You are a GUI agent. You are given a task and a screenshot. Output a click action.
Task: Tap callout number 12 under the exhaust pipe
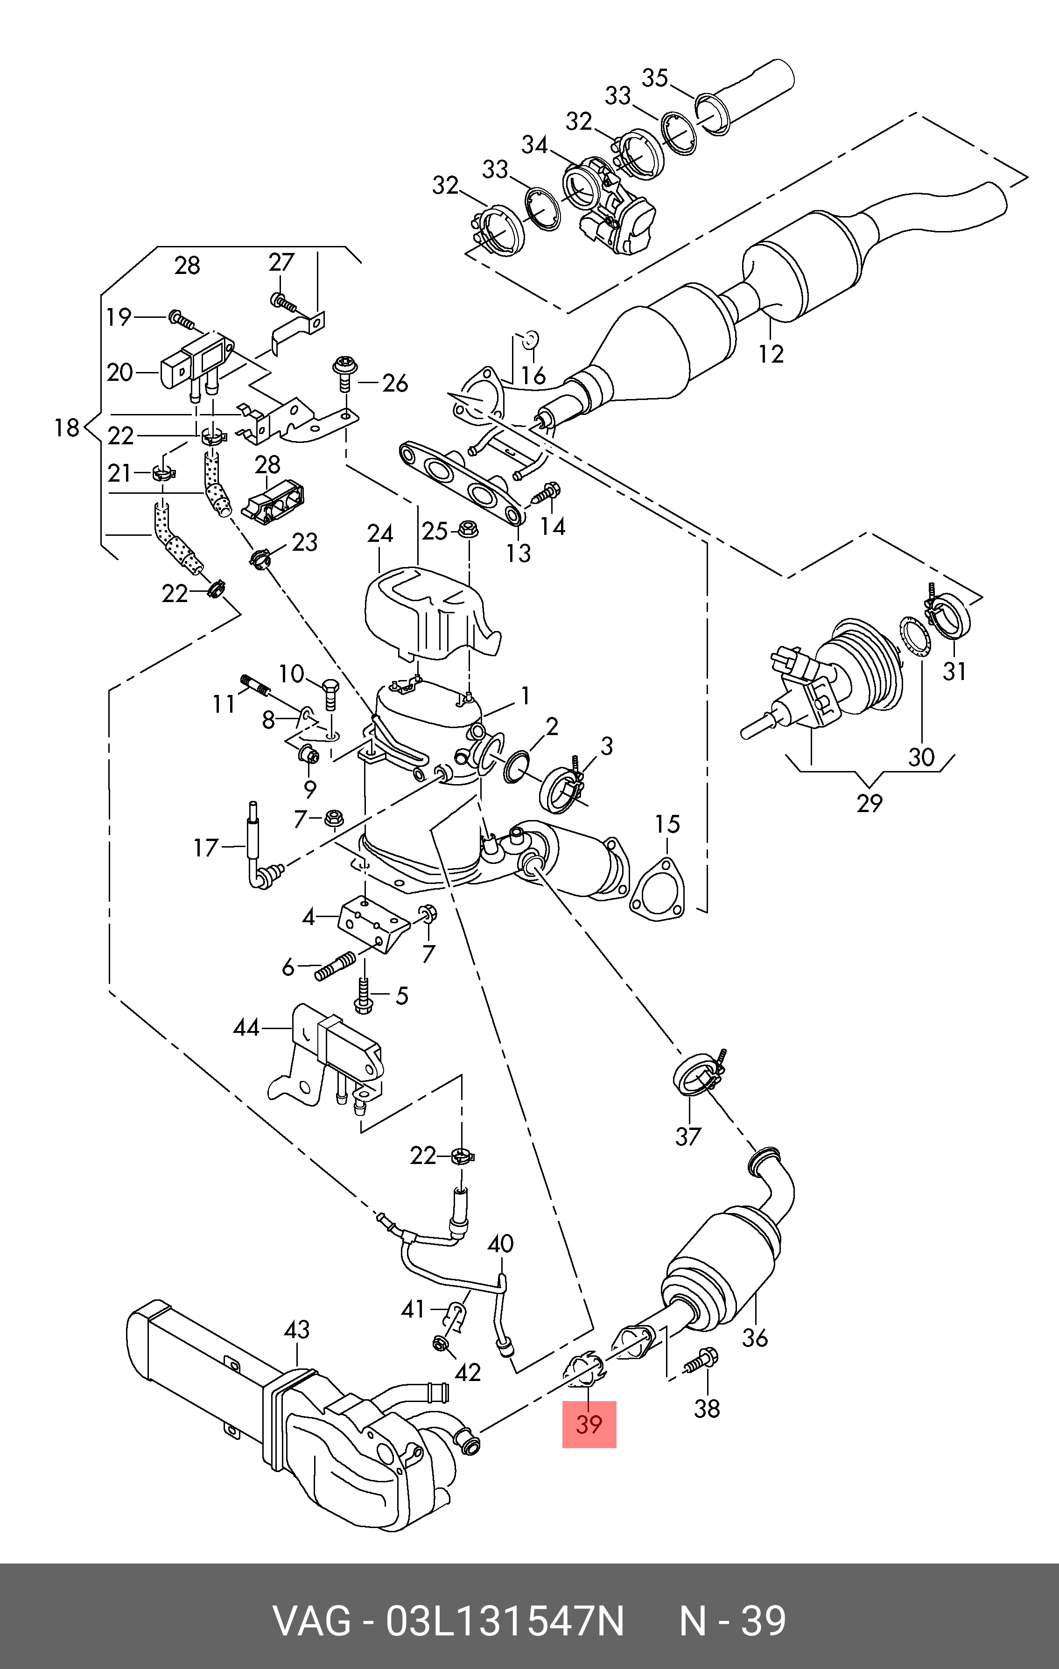(x=771, y=353)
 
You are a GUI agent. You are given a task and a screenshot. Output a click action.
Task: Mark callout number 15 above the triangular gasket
(x=667, y=824)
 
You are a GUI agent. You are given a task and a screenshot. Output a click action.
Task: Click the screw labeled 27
(x=283, y=302)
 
